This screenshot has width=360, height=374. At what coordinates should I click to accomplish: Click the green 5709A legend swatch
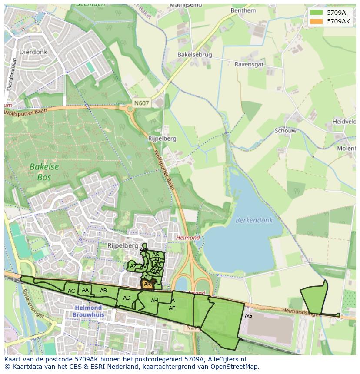click(316, 13)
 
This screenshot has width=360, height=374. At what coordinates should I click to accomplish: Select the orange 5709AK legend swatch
click(316, 21)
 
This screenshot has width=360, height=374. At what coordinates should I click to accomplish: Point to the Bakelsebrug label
click(194, 55)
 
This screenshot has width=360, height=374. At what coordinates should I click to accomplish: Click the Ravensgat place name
click(249, 64)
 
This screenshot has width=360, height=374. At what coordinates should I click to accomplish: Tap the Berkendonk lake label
click(254, 220)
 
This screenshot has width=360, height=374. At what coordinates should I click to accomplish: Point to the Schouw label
click(285, 131)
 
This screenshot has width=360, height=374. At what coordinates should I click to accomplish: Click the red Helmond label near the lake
click(188, 238)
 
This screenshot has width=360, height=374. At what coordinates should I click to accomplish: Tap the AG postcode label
click(248, 316)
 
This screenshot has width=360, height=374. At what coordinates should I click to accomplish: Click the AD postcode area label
click(127, 298)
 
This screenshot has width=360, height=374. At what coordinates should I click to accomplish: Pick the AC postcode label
click(71, 291)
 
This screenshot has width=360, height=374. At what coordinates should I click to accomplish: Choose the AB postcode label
click(103, 291)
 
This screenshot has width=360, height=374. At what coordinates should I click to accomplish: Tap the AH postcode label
click(154, 301)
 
